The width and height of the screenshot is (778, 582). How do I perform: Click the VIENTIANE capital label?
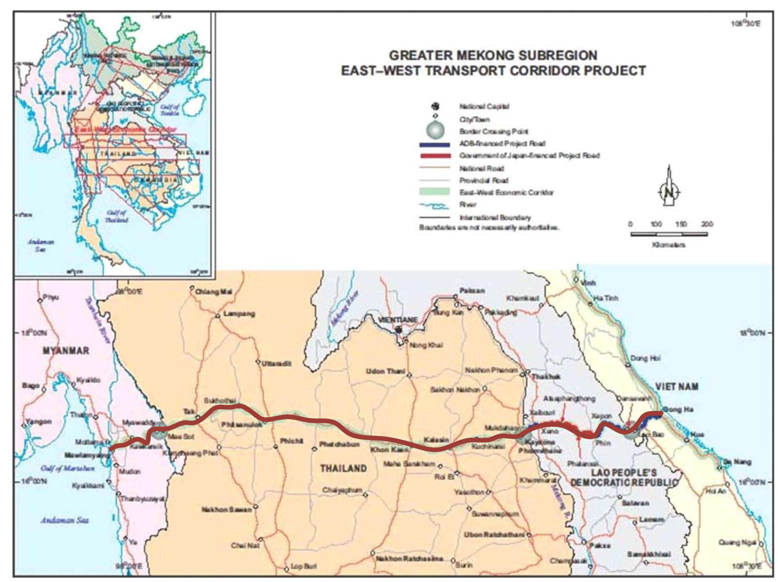click(x=398, y=320)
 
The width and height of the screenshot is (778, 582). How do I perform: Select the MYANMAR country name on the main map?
click(x=66, y=351)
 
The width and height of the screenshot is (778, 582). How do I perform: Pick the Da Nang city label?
click(x=739, y=462)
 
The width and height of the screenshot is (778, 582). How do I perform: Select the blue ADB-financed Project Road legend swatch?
click(x=435, y=144)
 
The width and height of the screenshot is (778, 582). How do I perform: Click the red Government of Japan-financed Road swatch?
click(x=435, y=156)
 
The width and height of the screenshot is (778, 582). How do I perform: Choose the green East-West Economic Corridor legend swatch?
click(x=435, y=192)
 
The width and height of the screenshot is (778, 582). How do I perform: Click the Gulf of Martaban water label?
click(x=68, y=468)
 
